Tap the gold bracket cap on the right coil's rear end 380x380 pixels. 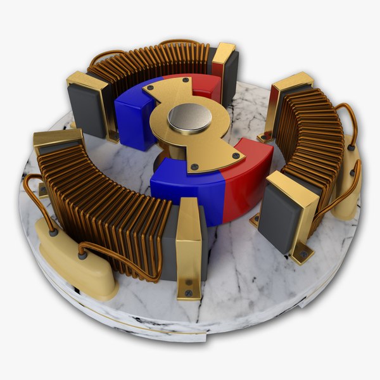291,82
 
